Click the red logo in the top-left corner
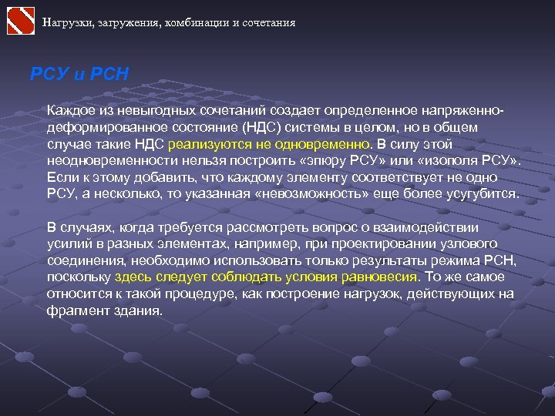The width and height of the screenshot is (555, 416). [x=21, y=21]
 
